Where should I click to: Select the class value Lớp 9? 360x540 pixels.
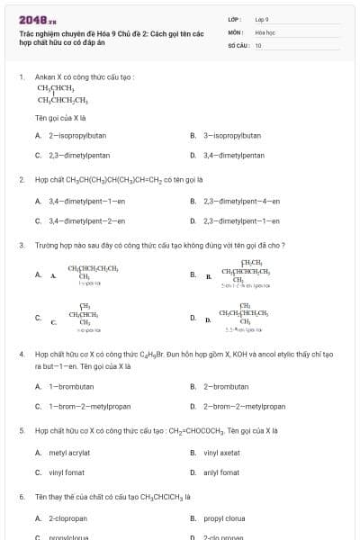click(x=262, y=19)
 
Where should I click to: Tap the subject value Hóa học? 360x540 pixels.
click(x=264, y=31)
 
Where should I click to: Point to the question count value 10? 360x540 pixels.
click(x=258, y=45)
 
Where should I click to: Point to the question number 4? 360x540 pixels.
click(x=22, y=355)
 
